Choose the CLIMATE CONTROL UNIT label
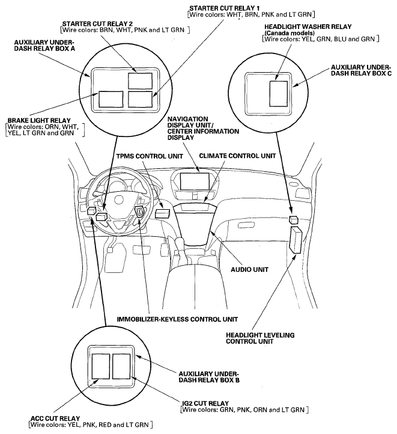(237, 156)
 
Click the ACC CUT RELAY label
(54, 418)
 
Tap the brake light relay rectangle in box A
(111, 99)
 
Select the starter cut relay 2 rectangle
(140, 80)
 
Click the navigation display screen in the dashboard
(193, 182)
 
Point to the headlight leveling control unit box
(297, 240)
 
